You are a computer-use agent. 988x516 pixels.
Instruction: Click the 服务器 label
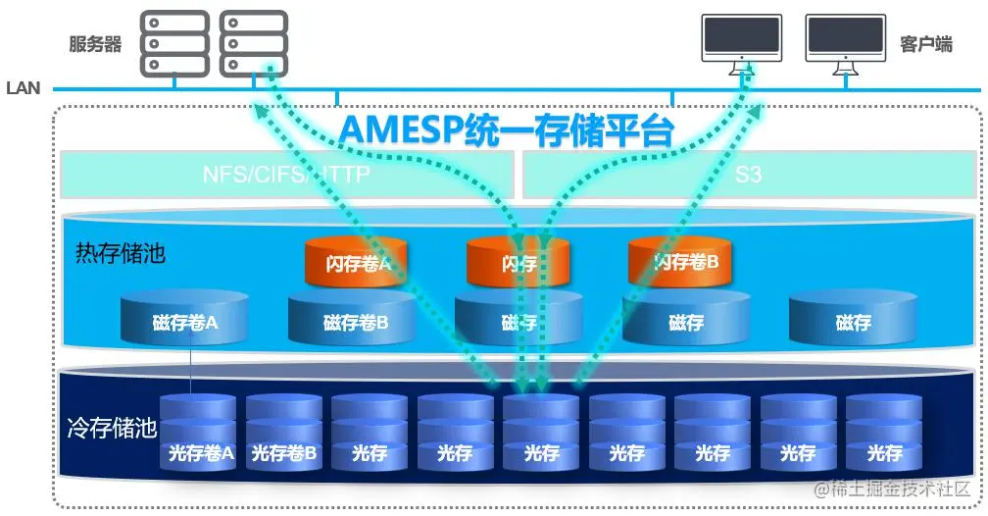[95, 44]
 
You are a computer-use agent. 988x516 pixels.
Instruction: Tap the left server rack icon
[174, 43]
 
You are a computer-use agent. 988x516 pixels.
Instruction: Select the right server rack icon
[253, 43]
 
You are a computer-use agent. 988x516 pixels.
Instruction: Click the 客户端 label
[925, 44]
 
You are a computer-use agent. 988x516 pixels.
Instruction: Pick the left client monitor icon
[742, 44]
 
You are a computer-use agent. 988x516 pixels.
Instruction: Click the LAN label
[23, 88]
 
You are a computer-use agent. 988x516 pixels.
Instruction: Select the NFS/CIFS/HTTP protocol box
[286, 175]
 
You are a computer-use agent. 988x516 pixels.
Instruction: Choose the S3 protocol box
[749, 175]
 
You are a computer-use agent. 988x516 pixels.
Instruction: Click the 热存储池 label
[121, 253]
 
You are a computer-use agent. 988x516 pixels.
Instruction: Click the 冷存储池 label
[112, 428]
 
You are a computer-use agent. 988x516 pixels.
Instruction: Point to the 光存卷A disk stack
[199, 432]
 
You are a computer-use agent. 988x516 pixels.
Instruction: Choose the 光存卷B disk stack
[284, 432]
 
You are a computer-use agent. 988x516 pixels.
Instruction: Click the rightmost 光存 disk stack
[884, 432]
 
